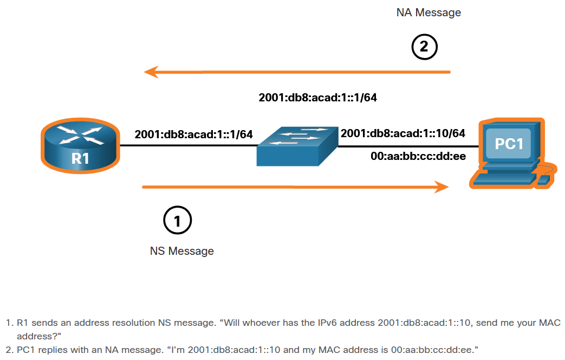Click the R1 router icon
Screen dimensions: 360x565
tap(80, 143)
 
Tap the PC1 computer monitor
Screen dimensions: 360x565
tap(509, 143)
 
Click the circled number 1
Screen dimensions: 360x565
tap(177, 221)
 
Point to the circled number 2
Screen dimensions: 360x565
tap(424, 47)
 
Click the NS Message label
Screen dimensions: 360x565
tap(181, 251)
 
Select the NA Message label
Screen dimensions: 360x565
tap(428, 12)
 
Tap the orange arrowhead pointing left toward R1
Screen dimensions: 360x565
tap(151, 72)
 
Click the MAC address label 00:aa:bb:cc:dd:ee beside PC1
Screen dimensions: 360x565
tap(418, 157)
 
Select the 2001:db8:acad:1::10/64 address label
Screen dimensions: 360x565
tap(403, 133)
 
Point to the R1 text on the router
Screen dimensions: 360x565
tap(80, 158)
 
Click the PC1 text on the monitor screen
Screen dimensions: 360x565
tap(509, 144)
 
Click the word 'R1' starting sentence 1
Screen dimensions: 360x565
tap(22, 323)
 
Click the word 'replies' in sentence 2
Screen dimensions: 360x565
tap(50, 350)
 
